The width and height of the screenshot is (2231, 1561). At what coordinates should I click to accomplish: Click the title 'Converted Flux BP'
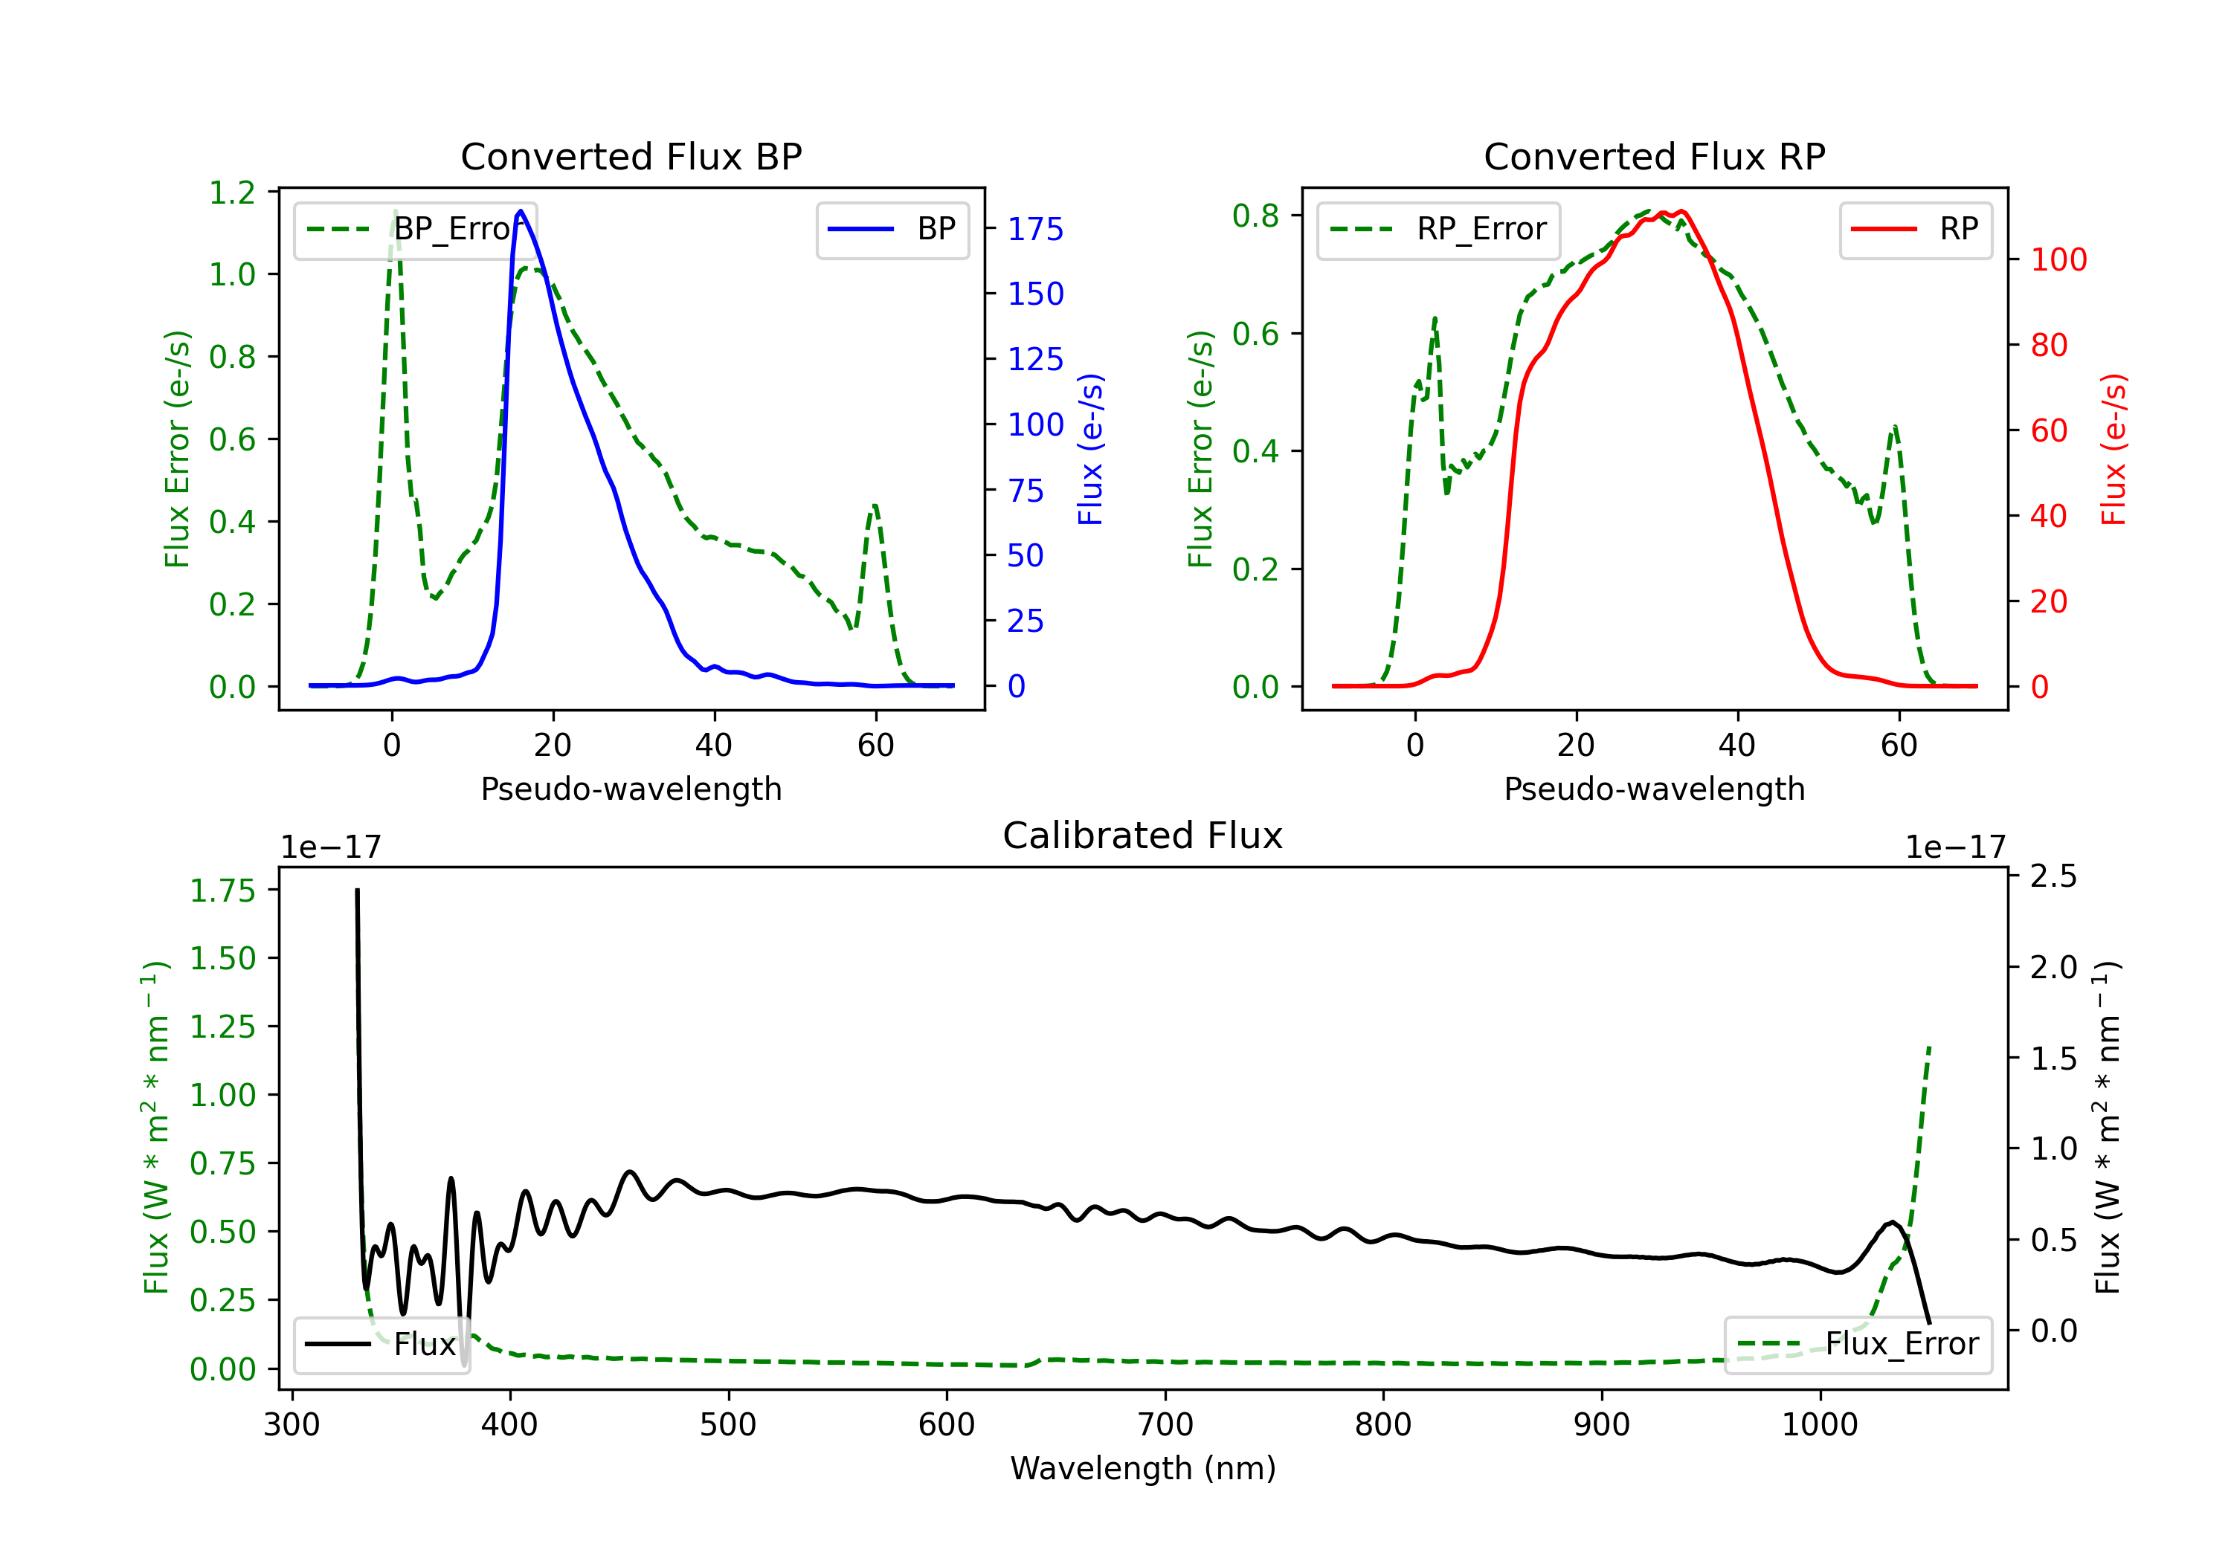coord(631,156)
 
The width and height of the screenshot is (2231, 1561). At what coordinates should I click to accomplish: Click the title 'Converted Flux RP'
coord(1655,156)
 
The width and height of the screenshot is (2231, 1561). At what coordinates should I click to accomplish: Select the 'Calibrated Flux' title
coord(1143,836)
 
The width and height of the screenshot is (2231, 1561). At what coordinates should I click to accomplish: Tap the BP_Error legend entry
coord(416,229)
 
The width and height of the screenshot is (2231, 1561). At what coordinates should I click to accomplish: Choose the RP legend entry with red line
coord(1915,229)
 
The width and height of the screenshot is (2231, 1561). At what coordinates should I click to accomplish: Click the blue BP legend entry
coord(892,229)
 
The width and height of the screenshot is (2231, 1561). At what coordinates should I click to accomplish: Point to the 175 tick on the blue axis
coord(1036,229)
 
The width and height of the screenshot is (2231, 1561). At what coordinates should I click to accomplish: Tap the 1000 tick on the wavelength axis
coord(1820,1424)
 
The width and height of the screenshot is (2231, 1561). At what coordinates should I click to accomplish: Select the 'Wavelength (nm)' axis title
coord(1143,1468)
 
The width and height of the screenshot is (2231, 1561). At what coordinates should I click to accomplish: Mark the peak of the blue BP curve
coord(521,211)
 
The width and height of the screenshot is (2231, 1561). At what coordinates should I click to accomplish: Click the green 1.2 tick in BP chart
coord(232,193)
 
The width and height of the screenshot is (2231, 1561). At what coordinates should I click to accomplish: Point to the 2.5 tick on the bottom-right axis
coord(2054,876)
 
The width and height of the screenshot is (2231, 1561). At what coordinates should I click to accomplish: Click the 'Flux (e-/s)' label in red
coord(2114,449)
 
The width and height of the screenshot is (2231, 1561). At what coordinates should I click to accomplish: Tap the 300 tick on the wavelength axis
coord(292,1424)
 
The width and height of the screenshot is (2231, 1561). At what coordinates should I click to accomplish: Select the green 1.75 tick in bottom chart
coord(222,890)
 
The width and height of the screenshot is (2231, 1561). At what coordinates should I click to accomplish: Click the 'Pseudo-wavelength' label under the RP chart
coord(1655,789)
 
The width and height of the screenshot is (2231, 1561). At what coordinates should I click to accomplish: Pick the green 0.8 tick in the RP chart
coord(1255,215)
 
